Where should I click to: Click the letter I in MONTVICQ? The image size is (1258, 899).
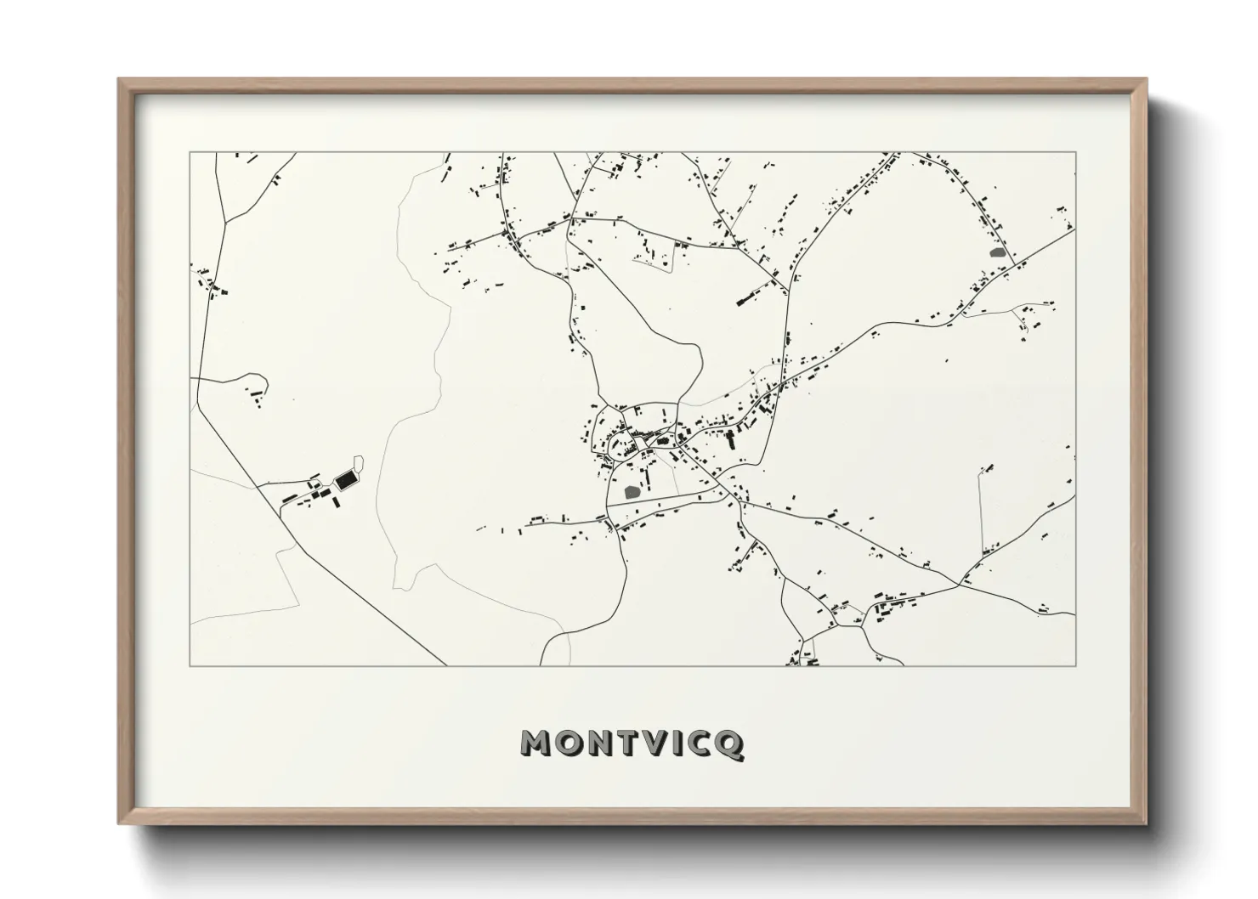[x=679, y=744]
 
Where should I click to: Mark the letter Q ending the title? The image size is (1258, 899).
[x=731, y=744]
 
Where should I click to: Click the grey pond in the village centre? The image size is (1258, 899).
[x=632, y=491]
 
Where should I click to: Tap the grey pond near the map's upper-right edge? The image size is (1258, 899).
[x=998, y=252]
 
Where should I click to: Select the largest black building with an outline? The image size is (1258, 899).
[x=345, y=481]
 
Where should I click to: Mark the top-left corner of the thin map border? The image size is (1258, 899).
[x=190, y=152]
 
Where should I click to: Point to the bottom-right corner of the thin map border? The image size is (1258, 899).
[x=1076, y=665]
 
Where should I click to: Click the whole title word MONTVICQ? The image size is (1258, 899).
[x=632, y=744]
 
